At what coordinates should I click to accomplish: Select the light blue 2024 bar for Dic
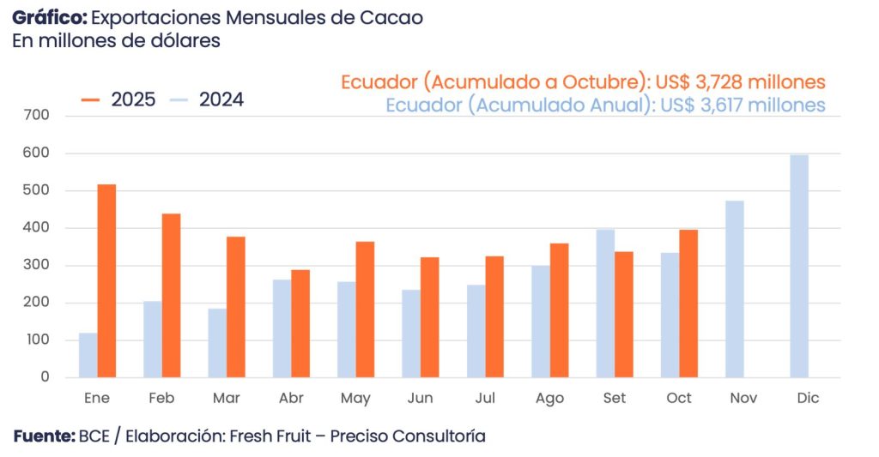[799, 266]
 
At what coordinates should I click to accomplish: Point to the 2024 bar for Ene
[88, 355]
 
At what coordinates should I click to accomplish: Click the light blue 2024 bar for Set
[605, 304]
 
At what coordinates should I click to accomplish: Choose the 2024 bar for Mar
[217, 343]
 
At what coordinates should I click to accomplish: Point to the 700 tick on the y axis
[39, 115]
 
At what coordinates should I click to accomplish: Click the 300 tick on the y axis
[39, 265]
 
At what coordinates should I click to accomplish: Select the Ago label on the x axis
[549, 399]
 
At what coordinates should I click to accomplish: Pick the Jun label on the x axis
[420, 399]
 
